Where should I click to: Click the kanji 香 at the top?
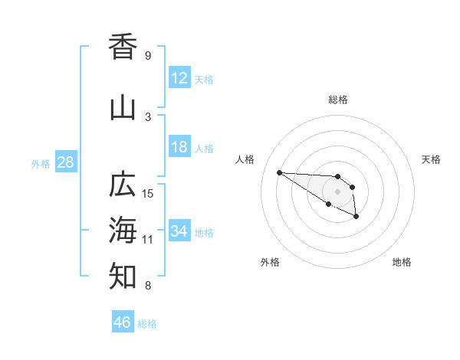pyautogui.click(x=123, y=47)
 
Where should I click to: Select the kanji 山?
pyautogui.click(x=123, y=108)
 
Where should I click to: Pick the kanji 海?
pyautogui.click(x=123, y=229)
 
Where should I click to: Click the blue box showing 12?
pyautogui.click(x=179, y=77)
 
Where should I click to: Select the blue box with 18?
pyautogui.click(x=179, y=147)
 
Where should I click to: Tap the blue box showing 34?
pyautogui.click(x=179, y=231)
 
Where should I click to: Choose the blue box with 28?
pyautogui.click(x=64, y=162)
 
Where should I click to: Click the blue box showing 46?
pyautogui.click(x=123, y=322)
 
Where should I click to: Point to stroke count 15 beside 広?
pyautogui.click(x=148, y=193)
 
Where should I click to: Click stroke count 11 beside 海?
pyautogui.click(x=148, y=239)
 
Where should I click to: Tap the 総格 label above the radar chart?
pyautogui.click(x=337, y=100)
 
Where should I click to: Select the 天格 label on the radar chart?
pyautogui.click(x=432, y=159)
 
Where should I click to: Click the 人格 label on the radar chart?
pyautogui.click(x=245, y=159)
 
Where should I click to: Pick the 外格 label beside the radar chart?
pyautogui.click(x=270, y=262)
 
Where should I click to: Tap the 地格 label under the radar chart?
pyautogui.click(x=402, y=262)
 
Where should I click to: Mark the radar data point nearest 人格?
pyautogui.click(x=279, y=172)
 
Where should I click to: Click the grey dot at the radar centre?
pyautogui.click(x=337, y=191)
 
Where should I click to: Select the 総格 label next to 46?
pyautogui.click(x=147, y=324)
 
